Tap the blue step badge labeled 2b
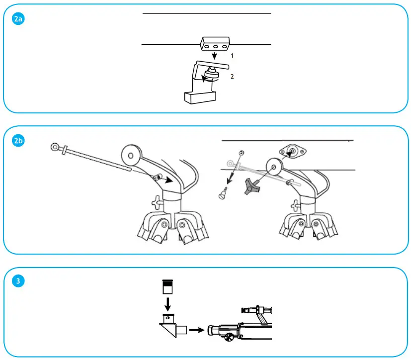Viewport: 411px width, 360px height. (x=19, y=141)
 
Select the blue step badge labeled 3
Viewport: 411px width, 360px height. (x=18, y=281)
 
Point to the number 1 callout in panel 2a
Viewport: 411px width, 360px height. (x=232, y=56)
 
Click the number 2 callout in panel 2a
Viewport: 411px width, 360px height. (x=232, y=77)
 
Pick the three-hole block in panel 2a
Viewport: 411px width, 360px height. (x=214, y=44)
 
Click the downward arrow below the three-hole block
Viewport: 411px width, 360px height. (x=214, y=56)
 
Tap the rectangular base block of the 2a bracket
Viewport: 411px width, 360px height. (x=199, y=98)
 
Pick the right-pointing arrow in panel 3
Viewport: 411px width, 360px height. (x=197, y=329)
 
